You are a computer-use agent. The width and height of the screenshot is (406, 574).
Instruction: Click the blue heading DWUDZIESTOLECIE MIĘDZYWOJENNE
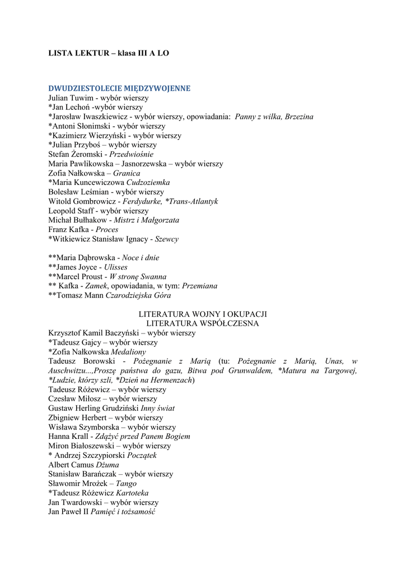click(x=119, y=88)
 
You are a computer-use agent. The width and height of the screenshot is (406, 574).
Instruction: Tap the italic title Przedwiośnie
click(x=131, y=154)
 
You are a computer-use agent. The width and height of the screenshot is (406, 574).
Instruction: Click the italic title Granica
click(x=127, y=173)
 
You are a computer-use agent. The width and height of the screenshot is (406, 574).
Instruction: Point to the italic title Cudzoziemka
click(x=148, y=183)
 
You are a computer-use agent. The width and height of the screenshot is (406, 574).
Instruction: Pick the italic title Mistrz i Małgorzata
click(x=146, y=220)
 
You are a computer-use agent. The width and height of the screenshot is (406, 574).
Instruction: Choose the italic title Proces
click(x=107, y=230)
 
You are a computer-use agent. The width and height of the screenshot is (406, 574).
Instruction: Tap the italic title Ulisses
click(x=115, y=267)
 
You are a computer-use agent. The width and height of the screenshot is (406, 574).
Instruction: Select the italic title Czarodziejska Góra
click(x=138, y=295)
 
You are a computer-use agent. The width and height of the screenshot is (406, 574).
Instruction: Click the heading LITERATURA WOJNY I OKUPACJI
click(x=203, y=314)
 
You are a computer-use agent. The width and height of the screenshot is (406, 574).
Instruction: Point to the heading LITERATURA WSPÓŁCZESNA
click(x=203, y=323)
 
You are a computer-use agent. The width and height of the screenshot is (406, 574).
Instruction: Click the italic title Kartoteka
click(x=132, y=493)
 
